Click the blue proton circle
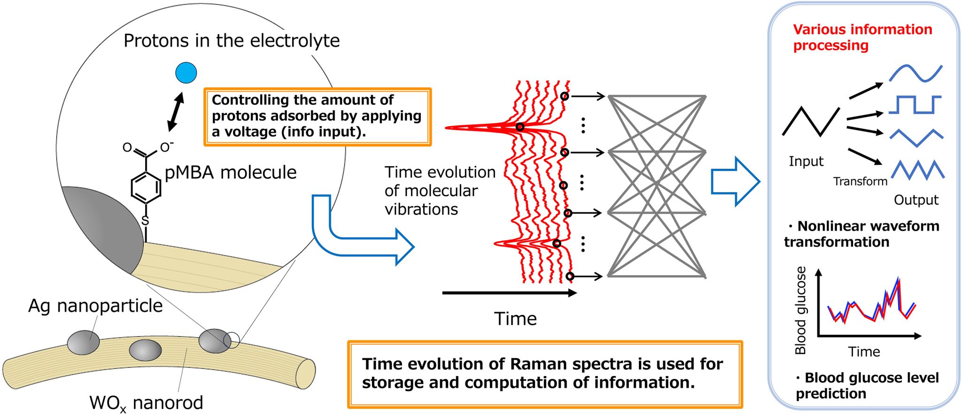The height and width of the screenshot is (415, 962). (186, 73)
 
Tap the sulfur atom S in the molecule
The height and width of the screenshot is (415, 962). (145, 221)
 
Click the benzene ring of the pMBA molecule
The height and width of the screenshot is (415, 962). (146, 188)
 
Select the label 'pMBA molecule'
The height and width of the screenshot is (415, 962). (230, 172)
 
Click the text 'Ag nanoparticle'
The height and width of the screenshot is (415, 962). (95, 306)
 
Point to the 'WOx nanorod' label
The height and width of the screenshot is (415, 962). (146, 403)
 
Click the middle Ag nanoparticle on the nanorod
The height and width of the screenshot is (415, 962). (145, 350)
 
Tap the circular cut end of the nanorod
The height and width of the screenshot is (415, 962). (306, 374)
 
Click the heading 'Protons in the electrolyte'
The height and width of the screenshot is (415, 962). (232, 41)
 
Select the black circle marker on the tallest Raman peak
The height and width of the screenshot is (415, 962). (520, 127)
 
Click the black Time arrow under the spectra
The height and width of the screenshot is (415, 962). (509, 293)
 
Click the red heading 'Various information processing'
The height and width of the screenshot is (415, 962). (862, 37)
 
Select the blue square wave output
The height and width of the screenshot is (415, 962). (915, 105)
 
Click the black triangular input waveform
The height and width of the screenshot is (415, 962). (811, 122)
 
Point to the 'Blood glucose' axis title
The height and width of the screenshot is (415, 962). (800, 310)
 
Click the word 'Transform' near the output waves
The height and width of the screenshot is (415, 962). (860, 181)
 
